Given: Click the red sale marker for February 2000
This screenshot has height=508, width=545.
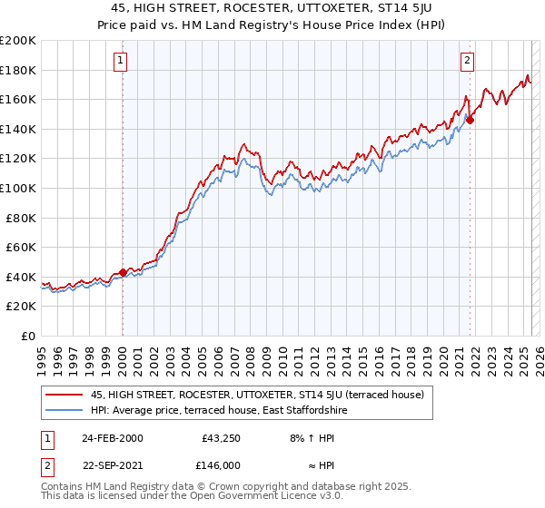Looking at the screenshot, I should (123, 272).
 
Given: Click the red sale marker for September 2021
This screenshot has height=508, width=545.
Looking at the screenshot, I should (471, 120).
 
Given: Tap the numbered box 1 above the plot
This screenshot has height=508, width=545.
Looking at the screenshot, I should (121, 61).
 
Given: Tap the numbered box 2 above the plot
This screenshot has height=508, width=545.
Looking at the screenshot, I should (467, 61).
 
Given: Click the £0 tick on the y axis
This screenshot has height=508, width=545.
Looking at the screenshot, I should (28, 336).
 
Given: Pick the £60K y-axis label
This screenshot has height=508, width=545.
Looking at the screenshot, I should (21, 247).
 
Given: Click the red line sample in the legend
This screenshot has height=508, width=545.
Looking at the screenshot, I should (64, 395).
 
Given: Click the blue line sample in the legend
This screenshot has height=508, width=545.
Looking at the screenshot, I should (64, 410).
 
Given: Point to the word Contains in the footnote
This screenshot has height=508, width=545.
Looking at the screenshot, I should (63, 487).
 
